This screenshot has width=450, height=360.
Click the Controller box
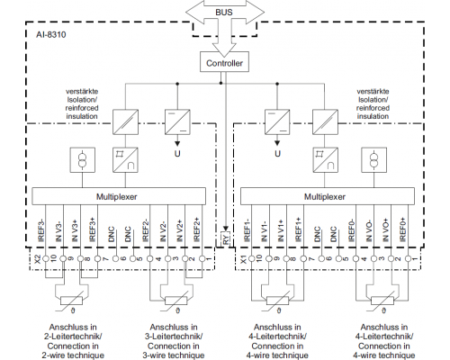point(224,62)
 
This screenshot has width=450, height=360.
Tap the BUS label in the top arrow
point(224,13)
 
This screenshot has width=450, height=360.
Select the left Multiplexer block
point(119,196)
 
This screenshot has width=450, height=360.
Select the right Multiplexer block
point(328,196)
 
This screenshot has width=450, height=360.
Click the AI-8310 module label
point(51,34)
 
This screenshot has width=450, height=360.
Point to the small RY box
point(226,239)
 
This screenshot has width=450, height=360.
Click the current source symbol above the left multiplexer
point(83,159)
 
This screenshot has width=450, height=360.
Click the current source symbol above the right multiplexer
point(373,159)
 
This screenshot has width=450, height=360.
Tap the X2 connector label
point(38,259)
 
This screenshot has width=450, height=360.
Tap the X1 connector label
point(244,259)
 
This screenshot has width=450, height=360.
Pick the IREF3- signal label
point(41,230)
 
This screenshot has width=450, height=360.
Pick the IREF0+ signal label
point(402,229)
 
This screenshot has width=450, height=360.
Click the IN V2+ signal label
point(179,230)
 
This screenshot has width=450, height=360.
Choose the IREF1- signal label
point(247,230)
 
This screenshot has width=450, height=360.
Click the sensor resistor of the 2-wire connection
point(71,301)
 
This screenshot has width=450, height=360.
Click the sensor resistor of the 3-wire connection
point(176,301)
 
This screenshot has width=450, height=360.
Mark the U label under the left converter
point(177,154)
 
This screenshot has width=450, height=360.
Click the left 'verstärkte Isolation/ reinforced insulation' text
point(82,103)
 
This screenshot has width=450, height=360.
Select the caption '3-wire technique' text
point(174,355)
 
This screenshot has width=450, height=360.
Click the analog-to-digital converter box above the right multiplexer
point(326,159)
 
